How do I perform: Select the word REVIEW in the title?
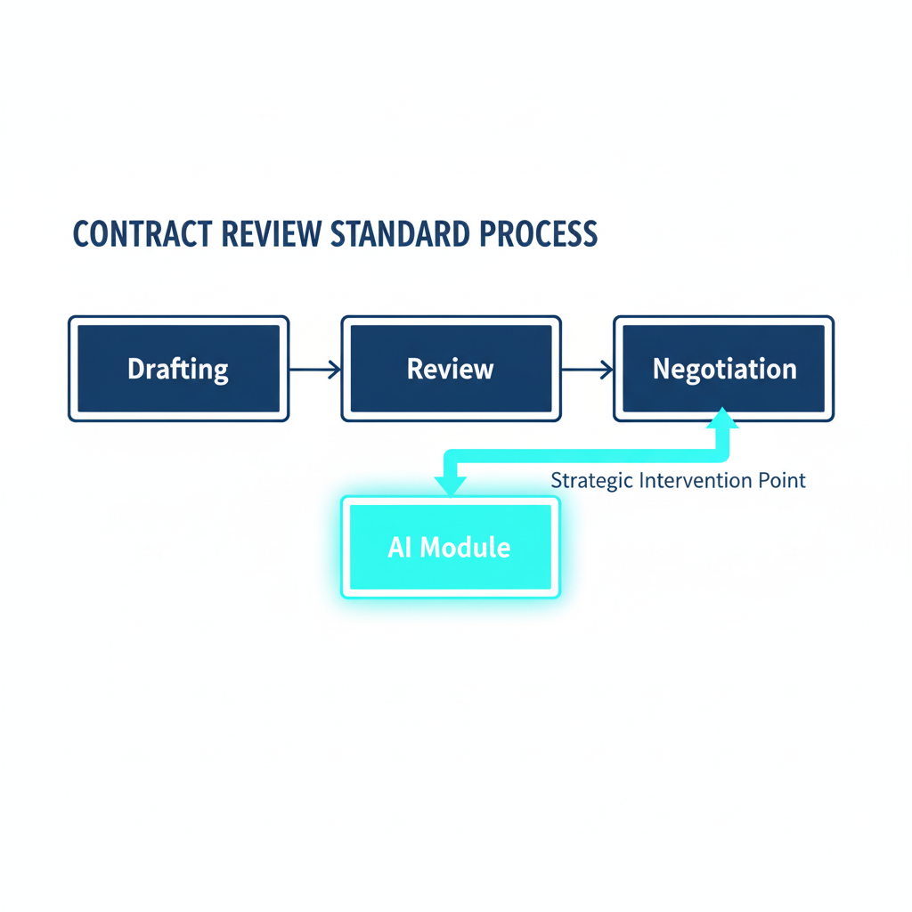coord(271,233)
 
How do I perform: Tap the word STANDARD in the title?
coord(403,233)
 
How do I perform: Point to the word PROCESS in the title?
coord(538,233)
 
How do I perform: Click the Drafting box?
coord(178,368)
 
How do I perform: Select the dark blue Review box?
coord(451,368)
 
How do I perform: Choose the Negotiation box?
coord(724,368)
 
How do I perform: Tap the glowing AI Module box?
coord(450,546)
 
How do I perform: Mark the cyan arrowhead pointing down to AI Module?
coord(450,484)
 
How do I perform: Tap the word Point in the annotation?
coord(784,481)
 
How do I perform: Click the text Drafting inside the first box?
coord(178,369)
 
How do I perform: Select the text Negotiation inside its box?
coord(724,369)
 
